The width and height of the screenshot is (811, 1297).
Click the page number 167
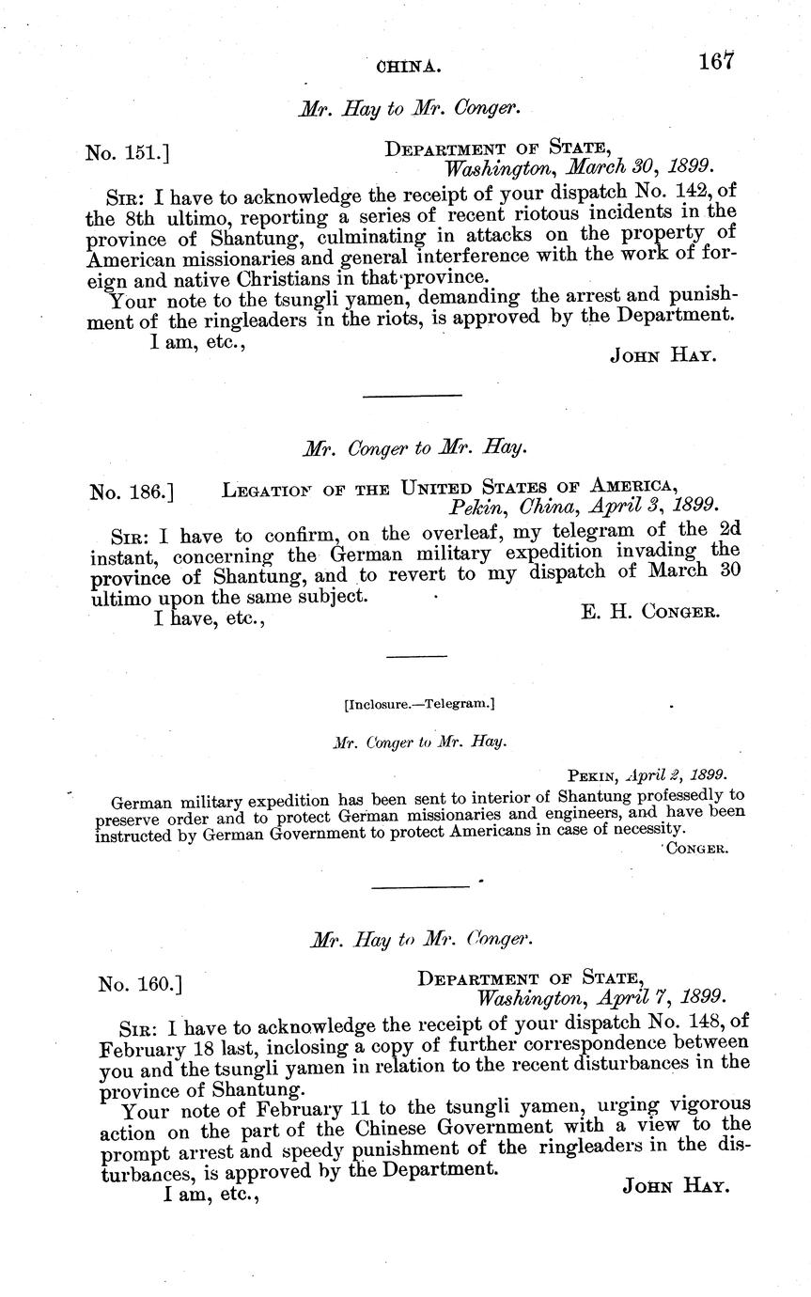(714, 61)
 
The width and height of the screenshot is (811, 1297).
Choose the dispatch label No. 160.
(139, 984)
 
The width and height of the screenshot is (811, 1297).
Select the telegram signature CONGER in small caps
(698, 848)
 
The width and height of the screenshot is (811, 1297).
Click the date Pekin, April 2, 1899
(647, 775)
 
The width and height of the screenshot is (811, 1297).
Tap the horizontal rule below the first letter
(412, 396)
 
